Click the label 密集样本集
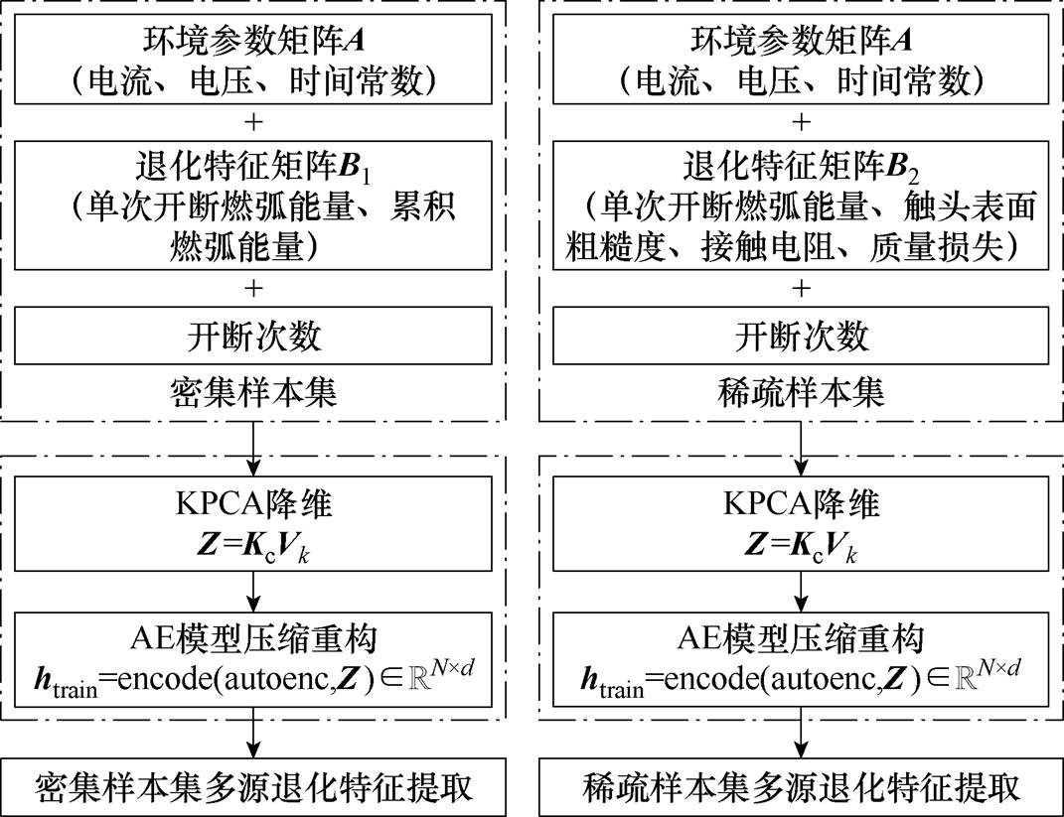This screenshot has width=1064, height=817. pos(253,392)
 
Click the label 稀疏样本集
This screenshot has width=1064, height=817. pos(802,392)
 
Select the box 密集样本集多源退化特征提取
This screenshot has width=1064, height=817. pos(253,787)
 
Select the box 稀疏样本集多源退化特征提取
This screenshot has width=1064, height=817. pos(802,787)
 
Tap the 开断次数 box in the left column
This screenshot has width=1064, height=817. pos(253,336)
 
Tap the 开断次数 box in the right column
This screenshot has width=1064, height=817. pos(802,336)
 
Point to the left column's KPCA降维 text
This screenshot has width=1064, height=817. pos(253,503)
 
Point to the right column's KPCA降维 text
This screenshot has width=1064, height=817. pos(802,503)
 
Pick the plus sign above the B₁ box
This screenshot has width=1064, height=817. pos(253,122)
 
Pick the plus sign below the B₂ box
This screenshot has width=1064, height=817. pos(802,288)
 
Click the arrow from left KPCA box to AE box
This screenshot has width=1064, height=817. pos(253,592)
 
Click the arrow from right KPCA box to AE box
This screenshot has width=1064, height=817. pos(802,592)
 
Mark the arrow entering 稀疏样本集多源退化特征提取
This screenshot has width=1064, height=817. pos(802,733)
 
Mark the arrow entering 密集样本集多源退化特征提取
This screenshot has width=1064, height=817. pos(253,733)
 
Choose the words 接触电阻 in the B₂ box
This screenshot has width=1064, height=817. pos(767,247)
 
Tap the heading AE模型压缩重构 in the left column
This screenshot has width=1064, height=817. pos(253,638)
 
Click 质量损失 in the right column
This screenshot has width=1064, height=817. pos(936,247)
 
